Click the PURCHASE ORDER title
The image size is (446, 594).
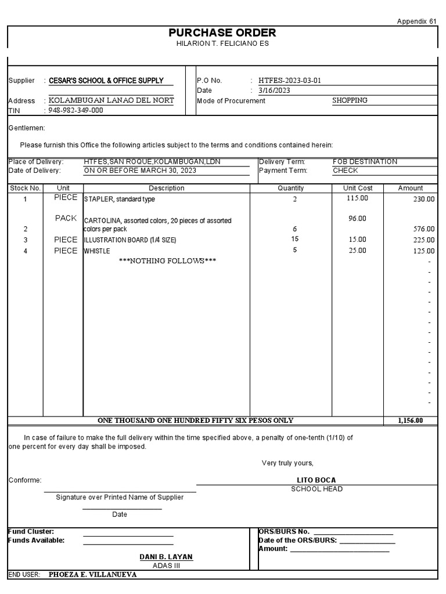(222, 33)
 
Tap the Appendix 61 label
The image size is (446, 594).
(416, 21)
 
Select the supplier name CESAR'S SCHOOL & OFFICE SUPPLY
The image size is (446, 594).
(106, 81)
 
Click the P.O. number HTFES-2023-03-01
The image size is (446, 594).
(290, 81)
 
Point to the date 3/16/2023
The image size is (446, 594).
(275, 90)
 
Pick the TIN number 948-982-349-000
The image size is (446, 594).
(76, 110)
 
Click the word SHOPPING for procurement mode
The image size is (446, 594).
(350, 100)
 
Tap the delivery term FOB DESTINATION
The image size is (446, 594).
(365, 161)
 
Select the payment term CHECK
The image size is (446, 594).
(346, 171)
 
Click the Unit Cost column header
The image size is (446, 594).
(358, 188)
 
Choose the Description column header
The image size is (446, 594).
(167, 188)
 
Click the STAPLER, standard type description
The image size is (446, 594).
(120, 200)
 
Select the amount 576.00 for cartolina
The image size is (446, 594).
(423, 229)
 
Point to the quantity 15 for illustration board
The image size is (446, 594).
(295, 239)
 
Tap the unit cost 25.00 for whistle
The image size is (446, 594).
(358, 251)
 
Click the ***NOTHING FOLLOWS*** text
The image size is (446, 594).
(167, 261)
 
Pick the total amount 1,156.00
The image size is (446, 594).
(410, 421)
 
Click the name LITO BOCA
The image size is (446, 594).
(316, 480)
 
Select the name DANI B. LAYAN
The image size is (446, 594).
(166, 557)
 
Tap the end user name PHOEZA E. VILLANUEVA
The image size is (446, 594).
(93, 574)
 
